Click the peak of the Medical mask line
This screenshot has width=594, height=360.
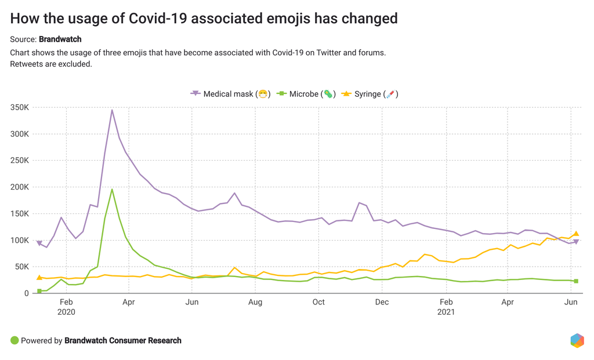point(112,110)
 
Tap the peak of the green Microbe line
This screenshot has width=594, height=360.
point(112,189)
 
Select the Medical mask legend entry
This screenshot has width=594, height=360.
point(229,94)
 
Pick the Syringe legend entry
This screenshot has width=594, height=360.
point(369,94)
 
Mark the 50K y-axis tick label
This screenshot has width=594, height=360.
point(22,267)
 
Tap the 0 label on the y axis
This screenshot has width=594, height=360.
point(27,293)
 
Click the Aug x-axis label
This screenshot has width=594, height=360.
point(255,302)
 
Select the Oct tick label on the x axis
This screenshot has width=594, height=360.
point(318,302)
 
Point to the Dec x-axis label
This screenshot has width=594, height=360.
point(382,302)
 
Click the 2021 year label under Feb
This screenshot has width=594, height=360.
point(446,312)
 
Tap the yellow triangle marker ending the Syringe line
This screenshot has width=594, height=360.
point(576,234)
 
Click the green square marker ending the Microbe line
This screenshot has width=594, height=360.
point(576,281)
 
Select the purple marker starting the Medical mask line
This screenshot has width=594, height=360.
point(39,243)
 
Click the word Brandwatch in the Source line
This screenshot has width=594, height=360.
point(60,39)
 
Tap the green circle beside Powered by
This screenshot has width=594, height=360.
point(15,340)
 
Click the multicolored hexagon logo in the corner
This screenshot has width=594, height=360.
point(577,340)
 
